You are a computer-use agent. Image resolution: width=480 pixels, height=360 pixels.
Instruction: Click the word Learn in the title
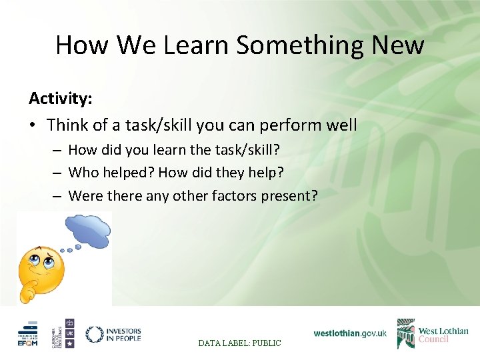pos(198,45)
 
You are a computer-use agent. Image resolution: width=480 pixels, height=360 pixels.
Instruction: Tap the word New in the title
pos(399,45)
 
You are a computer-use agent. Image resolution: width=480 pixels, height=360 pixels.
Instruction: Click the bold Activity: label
pos(61,99)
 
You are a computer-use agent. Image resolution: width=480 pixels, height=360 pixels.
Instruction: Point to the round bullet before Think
pos(34,125)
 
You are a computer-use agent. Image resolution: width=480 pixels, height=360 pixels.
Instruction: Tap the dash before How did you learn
pos(58,150)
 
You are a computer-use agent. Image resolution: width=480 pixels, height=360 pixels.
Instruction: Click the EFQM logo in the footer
pos(28,333)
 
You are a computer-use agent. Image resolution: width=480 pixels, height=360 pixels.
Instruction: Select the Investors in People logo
pos(113,333)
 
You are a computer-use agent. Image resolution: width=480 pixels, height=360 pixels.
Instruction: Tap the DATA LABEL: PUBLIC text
pos(240,343)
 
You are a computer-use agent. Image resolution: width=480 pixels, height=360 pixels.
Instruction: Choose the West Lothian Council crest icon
pos(405,333)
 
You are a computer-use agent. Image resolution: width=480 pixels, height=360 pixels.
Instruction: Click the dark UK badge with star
pos(69,333)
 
